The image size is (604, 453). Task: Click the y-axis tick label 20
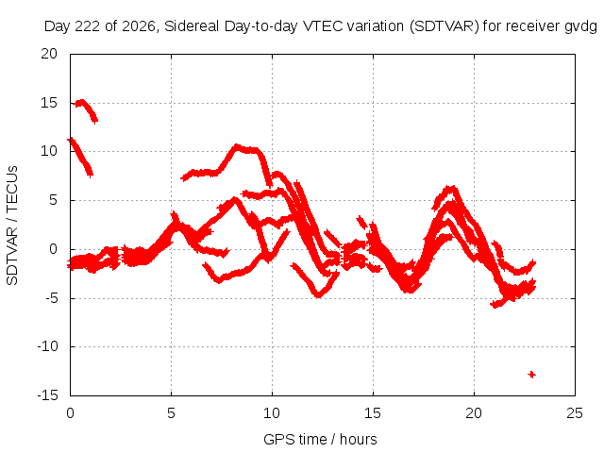pos(49,54)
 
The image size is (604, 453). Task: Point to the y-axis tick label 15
pos(49,103)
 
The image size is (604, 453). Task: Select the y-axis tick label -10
pos(47,346)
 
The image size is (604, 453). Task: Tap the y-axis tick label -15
pos(47,394)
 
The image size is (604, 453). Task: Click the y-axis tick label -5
pos(50,297)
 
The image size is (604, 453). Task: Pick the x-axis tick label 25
pos(575,413)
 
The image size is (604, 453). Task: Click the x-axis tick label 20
pos(474,413)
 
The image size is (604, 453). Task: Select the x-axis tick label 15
pos(373,413)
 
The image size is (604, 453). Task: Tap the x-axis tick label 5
pos(171,413)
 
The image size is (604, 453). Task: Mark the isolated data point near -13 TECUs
pos(532,375)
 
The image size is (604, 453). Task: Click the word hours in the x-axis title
pos(359,439)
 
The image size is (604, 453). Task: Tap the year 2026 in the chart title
pos(139,26)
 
